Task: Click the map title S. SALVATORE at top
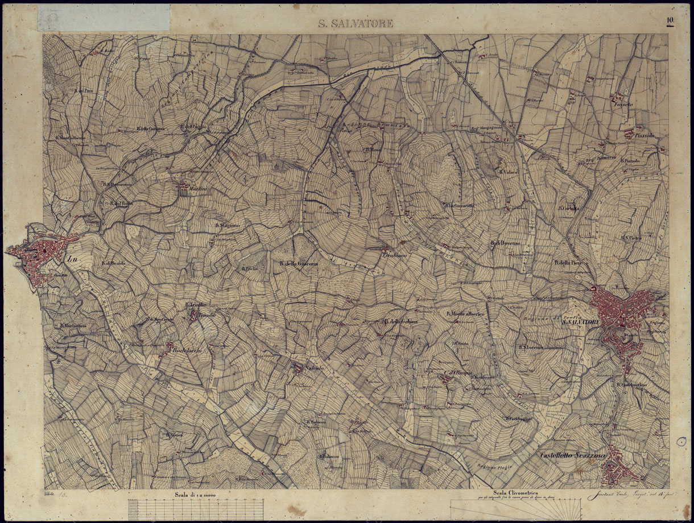tap(355, 24)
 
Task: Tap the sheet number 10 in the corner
tap(671, 21)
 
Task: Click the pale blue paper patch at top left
tap(104, 18)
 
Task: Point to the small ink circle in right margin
tap(681, 441)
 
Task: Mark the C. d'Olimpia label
tap(458, 373)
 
